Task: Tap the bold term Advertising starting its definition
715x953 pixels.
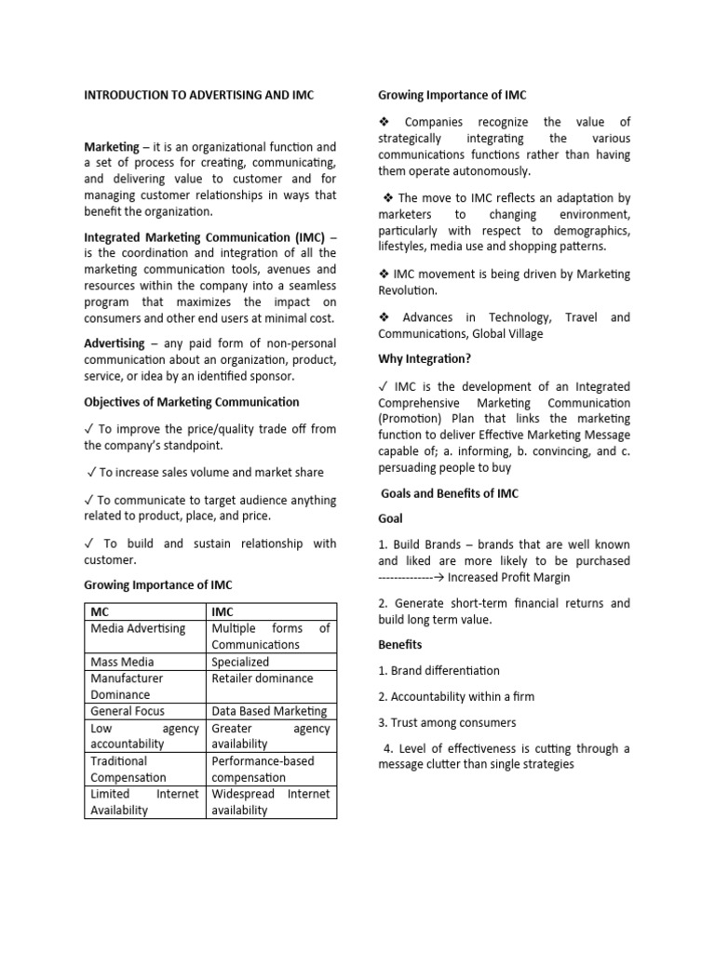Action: click(115, 343)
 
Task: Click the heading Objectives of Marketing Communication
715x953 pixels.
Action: click(192, 402)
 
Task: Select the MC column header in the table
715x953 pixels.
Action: click(100, 611)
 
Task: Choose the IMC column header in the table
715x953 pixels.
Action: click(224, 611)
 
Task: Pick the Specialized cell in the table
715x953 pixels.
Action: click(240, 662)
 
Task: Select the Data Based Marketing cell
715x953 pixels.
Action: click(269, 711)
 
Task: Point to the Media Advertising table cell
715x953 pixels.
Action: click(138, 628)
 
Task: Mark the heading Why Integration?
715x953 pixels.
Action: click(425, 358)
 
